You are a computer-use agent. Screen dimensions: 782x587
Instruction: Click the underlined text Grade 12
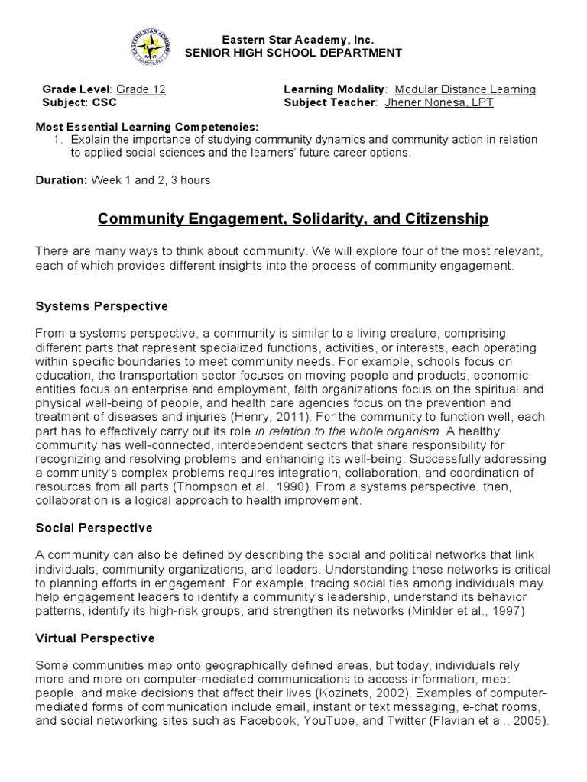141,89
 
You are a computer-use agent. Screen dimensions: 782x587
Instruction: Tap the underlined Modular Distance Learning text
465,89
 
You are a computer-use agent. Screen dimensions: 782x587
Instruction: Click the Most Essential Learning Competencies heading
148,127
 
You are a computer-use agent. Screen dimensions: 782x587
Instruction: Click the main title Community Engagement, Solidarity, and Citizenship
293,220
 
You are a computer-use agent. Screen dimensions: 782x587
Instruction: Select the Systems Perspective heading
102,306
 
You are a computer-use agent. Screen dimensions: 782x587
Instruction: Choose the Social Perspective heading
94,528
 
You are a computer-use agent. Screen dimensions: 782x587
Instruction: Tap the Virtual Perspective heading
95,638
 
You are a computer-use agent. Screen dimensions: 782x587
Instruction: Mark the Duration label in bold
62,180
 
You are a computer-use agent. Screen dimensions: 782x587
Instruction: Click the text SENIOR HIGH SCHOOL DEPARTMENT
293,53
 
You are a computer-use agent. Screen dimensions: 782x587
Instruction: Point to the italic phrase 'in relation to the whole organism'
345,431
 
